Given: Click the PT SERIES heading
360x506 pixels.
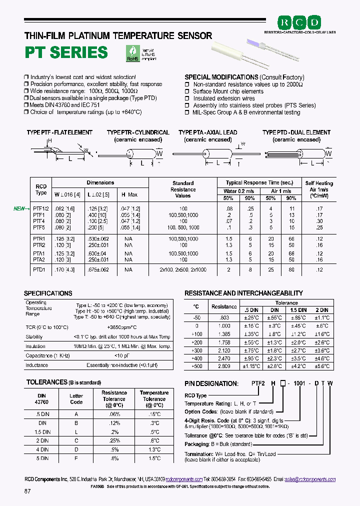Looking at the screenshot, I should [66, 52].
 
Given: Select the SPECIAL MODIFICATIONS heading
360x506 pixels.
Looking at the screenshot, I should [221, 77].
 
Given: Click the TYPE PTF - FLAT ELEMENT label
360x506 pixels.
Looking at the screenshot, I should [59, 132].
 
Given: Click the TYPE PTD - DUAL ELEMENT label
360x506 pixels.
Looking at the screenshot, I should [296, 132].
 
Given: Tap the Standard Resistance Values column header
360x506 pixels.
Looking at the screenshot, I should [183, 189].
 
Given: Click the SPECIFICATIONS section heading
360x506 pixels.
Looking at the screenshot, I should [48, 293].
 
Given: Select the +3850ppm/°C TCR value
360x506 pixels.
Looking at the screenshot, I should [122, 327].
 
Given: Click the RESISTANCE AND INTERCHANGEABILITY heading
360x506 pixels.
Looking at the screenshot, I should [243, 293].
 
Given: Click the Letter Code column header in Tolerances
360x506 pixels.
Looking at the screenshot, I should [76, 398].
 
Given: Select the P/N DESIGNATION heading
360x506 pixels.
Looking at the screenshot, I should [211, 383].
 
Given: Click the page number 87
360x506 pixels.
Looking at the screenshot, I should [27, 491].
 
